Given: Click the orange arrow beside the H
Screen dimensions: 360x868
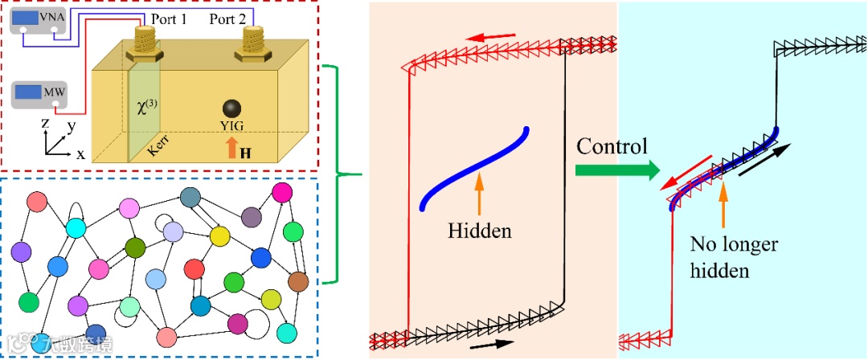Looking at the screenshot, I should click(231, 147).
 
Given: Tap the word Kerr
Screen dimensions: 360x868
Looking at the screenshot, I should click(158, 141).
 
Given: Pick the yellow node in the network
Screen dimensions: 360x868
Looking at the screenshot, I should click(219, 236).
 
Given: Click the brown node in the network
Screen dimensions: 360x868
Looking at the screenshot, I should click(298, 281).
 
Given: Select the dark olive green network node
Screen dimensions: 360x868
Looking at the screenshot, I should click(136, 247).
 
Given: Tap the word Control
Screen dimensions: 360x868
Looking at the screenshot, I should click(611, 147).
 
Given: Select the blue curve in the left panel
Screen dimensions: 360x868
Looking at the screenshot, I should click(474, 169).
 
